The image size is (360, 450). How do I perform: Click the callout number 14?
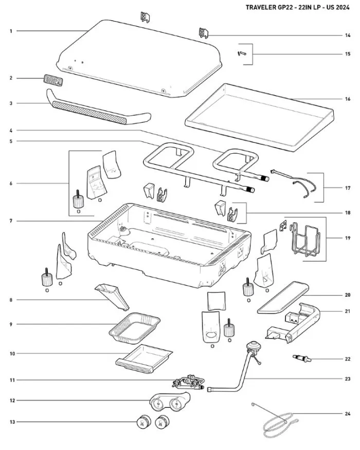(x=348, y=35)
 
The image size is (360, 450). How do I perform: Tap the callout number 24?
(x=348, y=413)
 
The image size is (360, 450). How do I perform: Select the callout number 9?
(x=11, y=325)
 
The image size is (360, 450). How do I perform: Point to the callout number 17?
(x=348, y=188)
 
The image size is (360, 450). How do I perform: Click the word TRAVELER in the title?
(x=258, y=8)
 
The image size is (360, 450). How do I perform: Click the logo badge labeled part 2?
(x=53, y=80)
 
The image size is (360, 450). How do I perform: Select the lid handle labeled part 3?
(x=98, y=107)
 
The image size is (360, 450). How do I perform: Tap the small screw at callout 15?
(x=241, y=53)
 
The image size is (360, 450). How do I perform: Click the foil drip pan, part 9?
(x=134, y=328)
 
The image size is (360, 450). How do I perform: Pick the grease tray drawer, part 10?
(x=143, y=359)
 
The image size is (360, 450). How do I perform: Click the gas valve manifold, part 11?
(x=188, y=382)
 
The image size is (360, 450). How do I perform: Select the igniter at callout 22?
(x=301, y=358)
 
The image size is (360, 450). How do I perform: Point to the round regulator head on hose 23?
(x=254, y=345)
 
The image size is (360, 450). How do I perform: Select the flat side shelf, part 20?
(x=283, y=298)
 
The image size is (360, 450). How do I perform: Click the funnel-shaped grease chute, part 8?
(x=112, y=296)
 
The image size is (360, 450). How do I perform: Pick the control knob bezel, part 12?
(x=169, y=402)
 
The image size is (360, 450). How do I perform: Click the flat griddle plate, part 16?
(x=259, y=117)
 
